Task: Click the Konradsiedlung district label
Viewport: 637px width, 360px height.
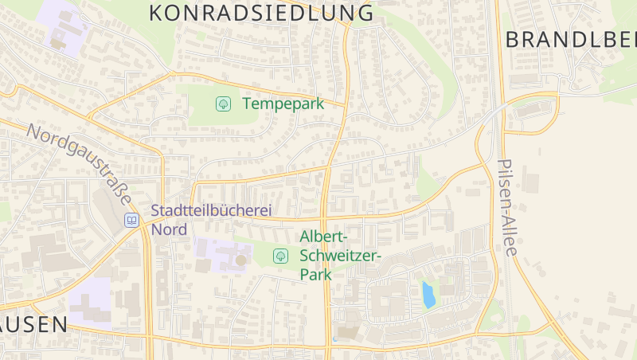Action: pos(261,13)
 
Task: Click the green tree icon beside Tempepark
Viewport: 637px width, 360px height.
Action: pos(224,104)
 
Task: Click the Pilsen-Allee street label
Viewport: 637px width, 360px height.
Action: pos(507,207)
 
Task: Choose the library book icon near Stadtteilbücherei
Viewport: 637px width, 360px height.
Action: pos(131,220)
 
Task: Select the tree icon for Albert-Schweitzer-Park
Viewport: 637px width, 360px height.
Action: pos(280,256)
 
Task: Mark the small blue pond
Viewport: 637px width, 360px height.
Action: pos(428,295)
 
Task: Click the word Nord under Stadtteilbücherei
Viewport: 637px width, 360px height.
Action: pos(169,229)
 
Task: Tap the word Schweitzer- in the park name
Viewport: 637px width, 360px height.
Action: pos(341,255)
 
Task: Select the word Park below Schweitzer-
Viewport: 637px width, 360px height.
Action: pos(315,273)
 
